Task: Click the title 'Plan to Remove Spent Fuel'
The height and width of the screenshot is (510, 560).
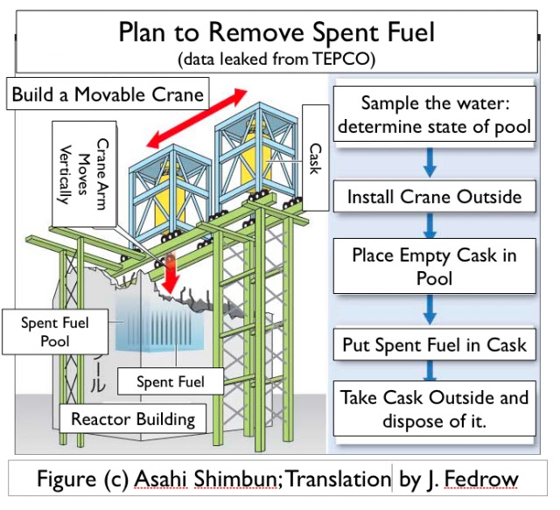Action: click(x=276, y=32)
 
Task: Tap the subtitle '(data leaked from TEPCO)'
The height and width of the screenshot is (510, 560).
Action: click(x=276, y=59)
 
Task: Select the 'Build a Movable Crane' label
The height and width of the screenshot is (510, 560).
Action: click(x=108, y=94)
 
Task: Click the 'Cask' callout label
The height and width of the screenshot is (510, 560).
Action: click(x=315, y=157)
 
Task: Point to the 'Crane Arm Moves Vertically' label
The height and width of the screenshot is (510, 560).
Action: click(x=84, y=174)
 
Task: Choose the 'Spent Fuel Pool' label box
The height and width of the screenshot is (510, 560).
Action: click(x=55, y=332)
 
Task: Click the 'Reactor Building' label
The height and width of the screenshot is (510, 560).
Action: click(x=133, y=418)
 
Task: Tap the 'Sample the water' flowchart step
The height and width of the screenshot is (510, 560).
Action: click(x=435, y=115)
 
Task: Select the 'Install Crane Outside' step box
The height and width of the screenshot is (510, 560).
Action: click(x=435, y=197)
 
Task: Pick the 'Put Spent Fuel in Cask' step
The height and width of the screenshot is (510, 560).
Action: click(x=435, y=345)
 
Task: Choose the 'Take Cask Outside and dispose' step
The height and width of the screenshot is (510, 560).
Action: click(x=435, y=409)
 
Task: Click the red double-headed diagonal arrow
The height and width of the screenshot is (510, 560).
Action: click(x=197, y=119)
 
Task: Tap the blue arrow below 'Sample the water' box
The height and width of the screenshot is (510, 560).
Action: click(x=430, y=163)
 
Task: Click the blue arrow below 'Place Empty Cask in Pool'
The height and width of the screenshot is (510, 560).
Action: click(x=430, y=310)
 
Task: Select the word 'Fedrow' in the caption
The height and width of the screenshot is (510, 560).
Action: click(x=480, y=479)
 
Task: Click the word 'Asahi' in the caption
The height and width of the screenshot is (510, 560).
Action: click(x=161, y=479)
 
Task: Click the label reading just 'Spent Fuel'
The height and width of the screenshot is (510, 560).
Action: click(x=171, y=381)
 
